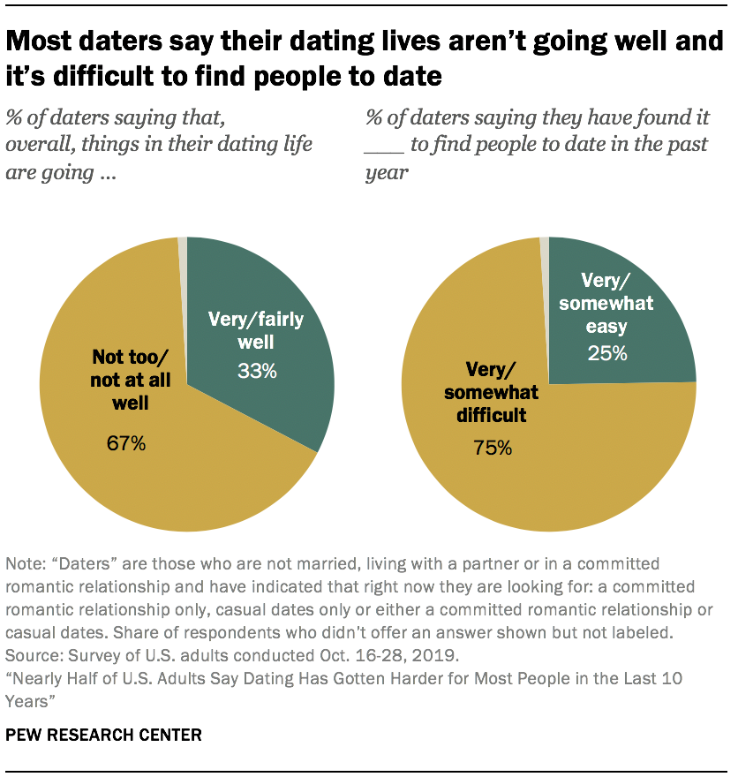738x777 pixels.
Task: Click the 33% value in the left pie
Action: point(256,372)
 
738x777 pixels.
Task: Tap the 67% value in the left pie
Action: point(125,443)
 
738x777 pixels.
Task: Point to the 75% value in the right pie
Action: point(492,448)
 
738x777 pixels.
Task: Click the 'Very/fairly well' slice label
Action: point(255,330)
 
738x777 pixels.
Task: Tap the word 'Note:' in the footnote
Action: point(26,563)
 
